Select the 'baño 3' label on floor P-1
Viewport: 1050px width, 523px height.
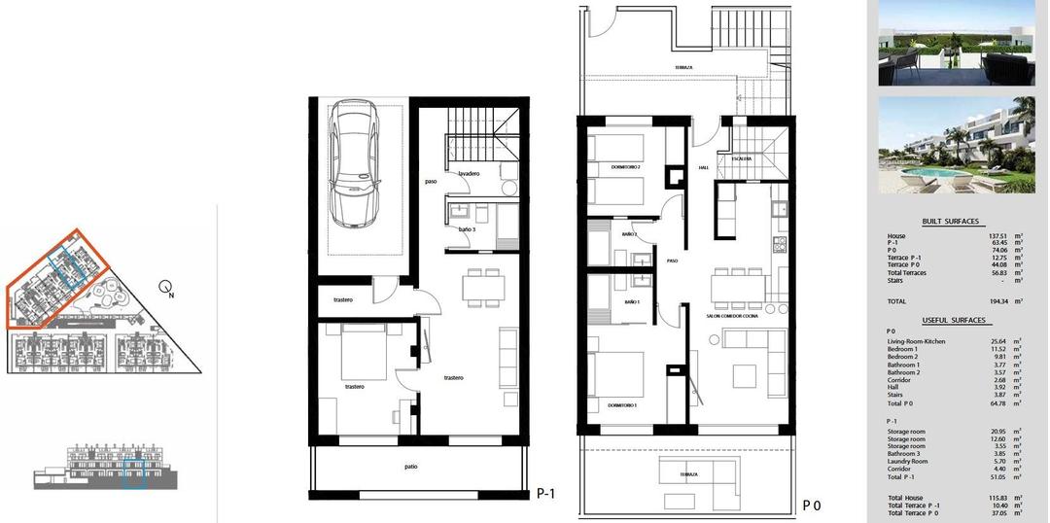pyautogui.click(x=468, y=229)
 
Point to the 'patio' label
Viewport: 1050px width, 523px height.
pyautogui.click(x=411, y=467)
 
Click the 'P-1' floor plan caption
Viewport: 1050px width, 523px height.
pyautogui.click(x=547, y=493)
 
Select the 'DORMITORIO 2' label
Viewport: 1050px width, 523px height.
pyautogui.click(x=625, y=167)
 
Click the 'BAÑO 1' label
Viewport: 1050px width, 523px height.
pyautogui.click(x=631, y=302)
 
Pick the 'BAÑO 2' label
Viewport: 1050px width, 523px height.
pyautogui.click(x=629, y=234)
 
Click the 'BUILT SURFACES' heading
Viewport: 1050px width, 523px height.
pyautogui.click(x=950, y=222)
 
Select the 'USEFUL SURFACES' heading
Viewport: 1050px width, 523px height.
pyautogui.click(x=953, y=320)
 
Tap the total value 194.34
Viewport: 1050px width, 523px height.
pyautogui.click(x=997, y=302)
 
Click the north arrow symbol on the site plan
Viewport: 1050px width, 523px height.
pyautogui.click(x=168, y=288)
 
